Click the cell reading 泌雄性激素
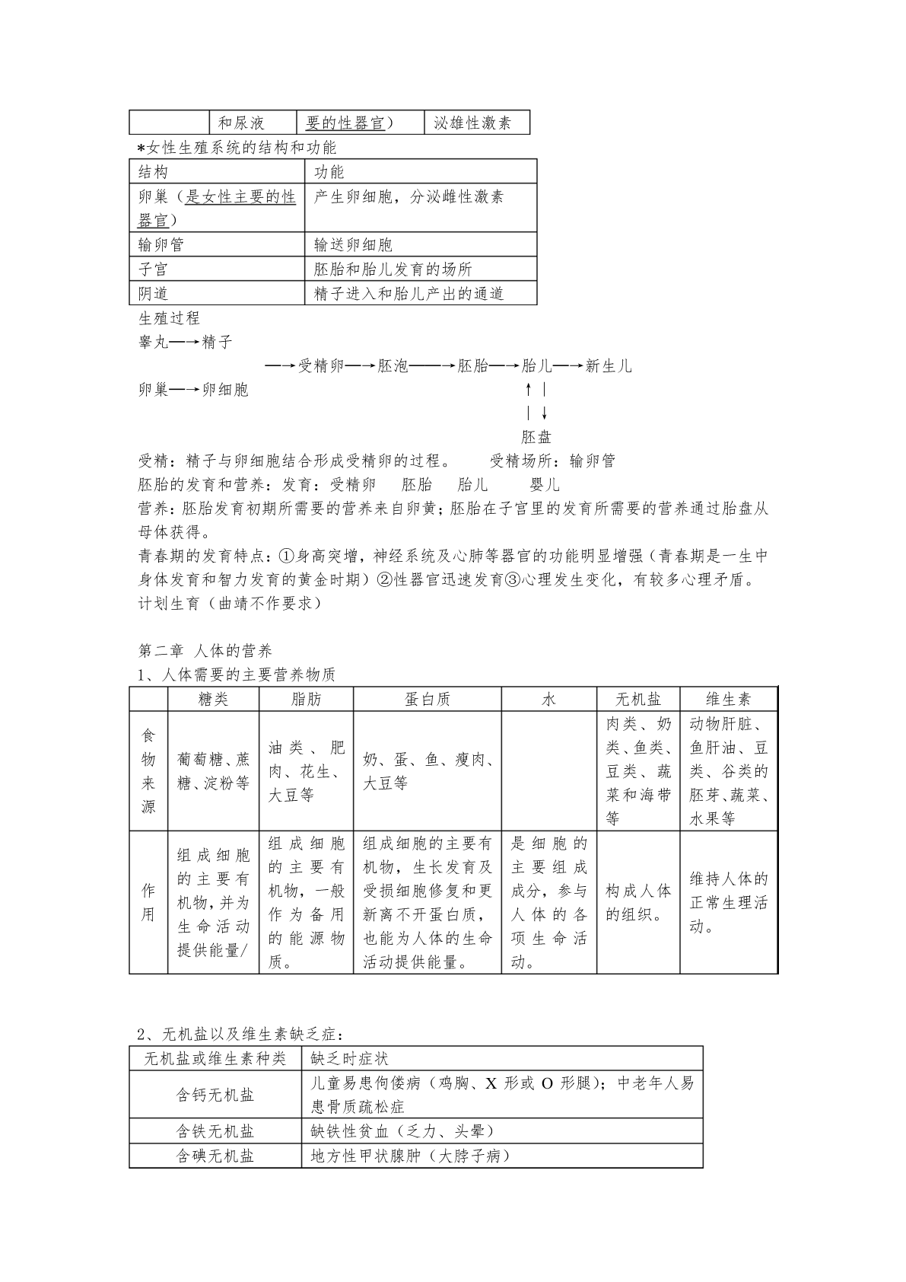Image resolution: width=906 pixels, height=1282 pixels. (x=472, y=123)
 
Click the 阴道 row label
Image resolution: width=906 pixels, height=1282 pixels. (x=154, y=294)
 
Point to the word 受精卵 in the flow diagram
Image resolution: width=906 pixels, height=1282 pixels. (x=321, y=366)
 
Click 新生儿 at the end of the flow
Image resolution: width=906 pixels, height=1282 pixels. (x=609, y=366)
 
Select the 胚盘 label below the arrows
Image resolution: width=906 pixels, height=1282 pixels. (x=536, y=437)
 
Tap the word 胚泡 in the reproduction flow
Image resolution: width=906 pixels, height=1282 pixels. (x=393, y=366)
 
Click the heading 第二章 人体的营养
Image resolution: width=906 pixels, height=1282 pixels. (x=205, y=651)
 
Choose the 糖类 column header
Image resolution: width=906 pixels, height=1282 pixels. (x=213, y=699)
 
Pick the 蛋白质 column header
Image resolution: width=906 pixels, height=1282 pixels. (x=428, y=699)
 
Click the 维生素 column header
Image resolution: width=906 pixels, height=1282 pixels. (x=729, y=699)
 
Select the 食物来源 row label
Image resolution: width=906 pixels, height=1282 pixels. (x=148, y=770)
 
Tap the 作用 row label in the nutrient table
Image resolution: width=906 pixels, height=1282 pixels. (x=148, y=902)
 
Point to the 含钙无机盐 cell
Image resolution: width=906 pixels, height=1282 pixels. (x=215, y=1095)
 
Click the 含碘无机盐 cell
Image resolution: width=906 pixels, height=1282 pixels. (x=215, y=1156)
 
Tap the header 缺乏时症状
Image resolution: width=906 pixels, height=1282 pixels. (x=350, y=1058)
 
